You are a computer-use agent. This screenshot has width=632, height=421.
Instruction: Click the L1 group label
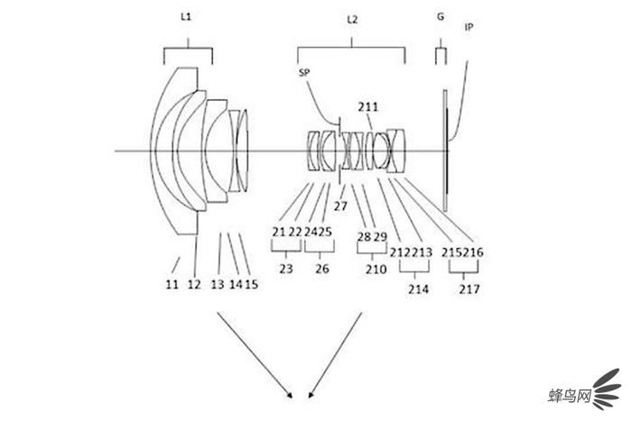[x=186, y=17]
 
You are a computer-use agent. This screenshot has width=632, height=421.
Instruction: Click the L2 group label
[x=352, y=19]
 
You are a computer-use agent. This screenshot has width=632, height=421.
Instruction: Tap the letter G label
[x=441, y=16]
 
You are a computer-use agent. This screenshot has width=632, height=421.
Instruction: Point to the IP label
[x=469, y=27]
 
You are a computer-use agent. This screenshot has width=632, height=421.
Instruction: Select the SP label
[x=304, y=72]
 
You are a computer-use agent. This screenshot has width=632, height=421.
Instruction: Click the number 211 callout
[x=368, y=106]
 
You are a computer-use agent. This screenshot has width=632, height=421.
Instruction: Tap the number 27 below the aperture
[x=340, y=206]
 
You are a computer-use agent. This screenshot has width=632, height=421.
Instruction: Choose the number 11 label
[x=172, y=284]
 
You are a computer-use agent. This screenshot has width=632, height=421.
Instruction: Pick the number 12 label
[x=194, y=284]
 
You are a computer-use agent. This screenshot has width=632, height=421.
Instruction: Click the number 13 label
[x=218, y=284]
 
